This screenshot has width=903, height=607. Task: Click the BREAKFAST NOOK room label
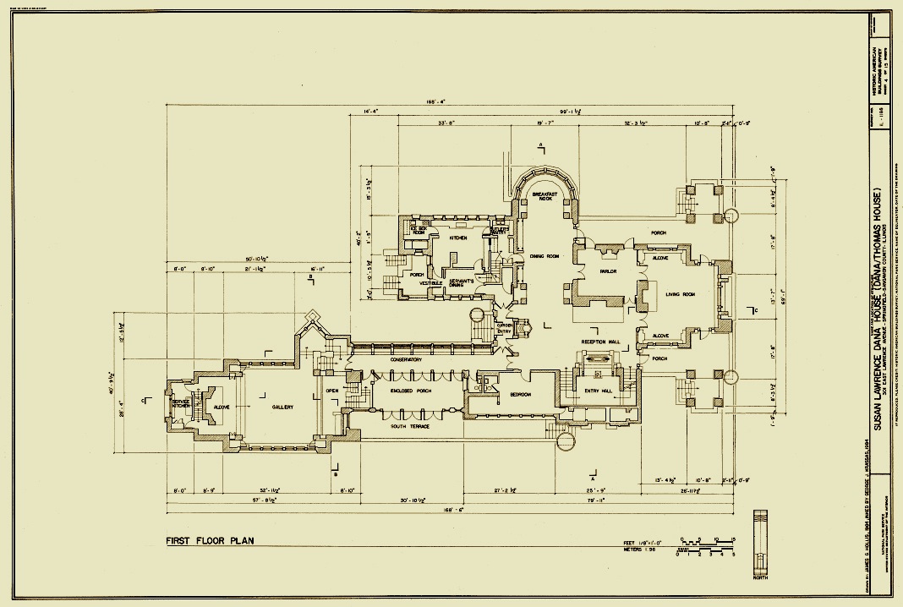pyautogui.click(x=541, y=196)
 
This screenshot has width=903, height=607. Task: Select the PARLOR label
pyautogui.click(x=608, y=271)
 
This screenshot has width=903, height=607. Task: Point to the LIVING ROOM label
pyautogui.click(x=679, y=294)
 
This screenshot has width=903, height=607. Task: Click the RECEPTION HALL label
pyautogui.click(x=601, y=342)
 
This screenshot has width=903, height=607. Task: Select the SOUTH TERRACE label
pyautogui.click(x=409, y=426)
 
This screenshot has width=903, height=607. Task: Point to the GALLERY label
pyautogui.click(x=282, y=407)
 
